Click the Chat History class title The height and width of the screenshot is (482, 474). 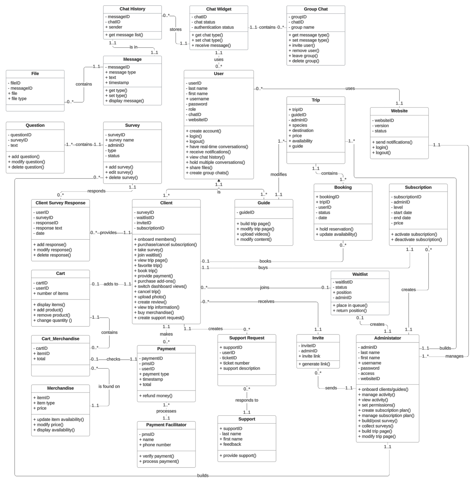(x=132, y=9)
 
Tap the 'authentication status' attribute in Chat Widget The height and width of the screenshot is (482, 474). (x=214, y=27)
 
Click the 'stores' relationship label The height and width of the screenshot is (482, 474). (x=175, y=29)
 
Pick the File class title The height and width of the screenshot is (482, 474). (x=35, y=74)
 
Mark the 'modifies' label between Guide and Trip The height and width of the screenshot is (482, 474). (x=279, y=174)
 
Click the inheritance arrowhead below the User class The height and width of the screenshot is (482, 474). (x=219, y=180)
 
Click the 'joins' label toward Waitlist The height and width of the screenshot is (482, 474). (x=264, y=288)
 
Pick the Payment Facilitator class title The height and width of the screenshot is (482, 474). (x=166, y=425)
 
